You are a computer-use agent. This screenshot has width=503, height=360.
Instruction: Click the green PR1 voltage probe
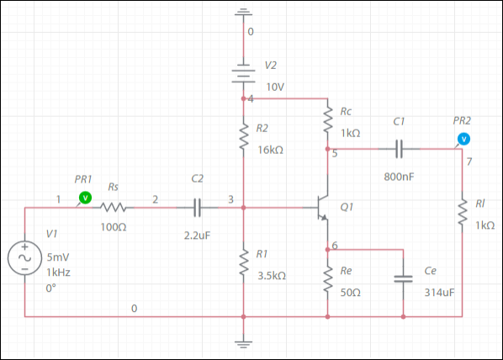(85, 198)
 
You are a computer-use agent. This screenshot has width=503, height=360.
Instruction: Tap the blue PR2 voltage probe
(463, 140)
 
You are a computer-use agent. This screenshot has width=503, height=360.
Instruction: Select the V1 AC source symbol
(24, 258)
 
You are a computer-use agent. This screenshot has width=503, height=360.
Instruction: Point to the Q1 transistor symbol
(322, 208)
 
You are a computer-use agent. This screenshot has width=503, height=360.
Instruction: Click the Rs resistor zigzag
(114, 208)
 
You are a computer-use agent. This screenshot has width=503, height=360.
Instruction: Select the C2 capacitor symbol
(198, 208)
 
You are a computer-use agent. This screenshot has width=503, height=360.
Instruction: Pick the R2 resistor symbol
(243, 137)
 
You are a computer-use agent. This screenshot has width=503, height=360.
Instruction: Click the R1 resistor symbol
(243, 262)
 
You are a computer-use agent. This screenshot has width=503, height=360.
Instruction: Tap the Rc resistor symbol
(327, 120)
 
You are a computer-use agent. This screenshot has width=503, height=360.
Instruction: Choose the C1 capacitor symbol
(399, 149)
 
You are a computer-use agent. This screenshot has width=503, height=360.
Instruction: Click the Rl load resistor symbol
(462, 212)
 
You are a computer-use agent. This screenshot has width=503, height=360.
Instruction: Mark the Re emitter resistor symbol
(327, 279)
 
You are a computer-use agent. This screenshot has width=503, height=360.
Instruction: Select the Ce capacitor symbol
(403, 278)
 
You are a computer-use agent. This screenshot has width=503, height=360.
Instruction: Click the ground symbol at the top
(243, 12)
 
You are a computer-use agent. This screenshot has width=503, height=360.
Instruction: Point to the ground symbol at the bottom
(243, 345)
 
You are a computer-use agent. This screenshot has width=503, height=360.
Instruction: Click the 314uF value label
(439, 293)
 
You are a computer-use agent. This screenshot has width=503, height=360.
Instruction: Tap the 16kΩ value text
(271, 151)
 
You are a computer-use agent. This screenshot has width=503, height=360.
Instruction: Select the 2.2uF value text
(197, 236)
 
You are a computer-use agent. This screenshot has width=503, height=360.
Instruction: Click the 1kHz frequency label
(58, 273)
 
